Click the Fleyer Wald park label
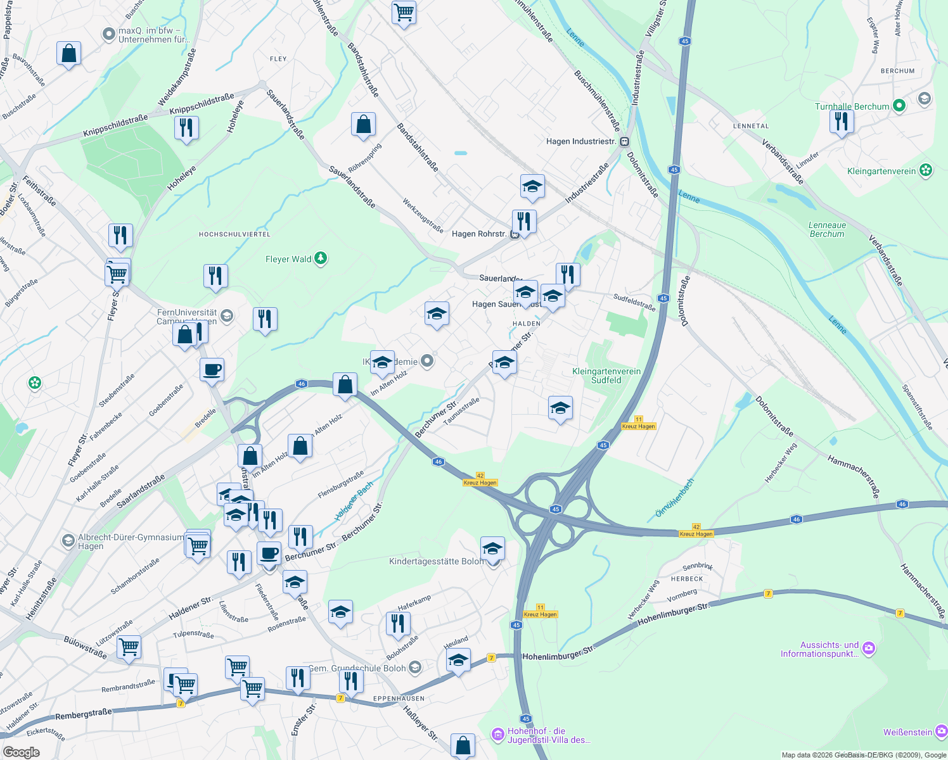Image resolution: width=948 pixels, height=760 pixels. point(288,259)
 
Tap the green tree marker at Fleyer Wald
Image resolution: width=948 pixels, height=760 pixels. point(321,258)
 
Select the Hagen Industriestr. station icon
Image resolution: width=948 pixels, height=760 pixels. point(625,141)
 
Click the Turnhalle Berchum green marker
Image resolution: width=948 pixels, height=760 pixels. point(899,106)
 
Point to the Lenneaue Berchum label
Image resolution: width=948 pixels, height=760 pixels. point(827,229)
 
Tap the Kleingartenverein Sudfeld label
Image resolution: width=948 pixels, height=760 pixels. point(606,376)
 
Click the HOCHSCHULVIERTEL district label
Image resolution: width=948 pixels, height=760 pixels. point(234,234)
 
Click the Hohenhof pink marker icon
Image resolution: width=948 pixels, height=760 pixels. point(498,734)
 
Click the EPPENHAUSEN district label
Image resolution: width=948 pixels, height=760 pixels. point(399,699)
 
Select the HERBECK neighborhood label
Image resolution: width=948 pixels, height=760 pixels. point(687,579)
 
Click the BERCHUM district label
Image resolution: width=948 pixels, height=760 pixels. point(897,71)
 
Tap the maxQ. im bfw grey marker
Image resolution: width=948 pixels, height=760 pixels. point(108,34)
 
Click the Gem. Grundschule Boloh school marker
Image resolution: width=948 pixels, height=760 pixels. point(414,668)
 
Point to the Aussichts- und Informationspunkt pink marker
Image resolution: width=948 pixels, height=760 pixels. point(868,648)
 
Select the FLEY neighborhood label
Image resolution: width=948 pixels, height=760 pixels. point(278,59)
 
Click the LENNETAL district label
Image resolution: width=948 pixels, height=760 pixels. point(750,126)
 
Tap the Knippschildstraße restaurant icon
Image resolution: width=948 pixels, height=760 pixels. point(186,128)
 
